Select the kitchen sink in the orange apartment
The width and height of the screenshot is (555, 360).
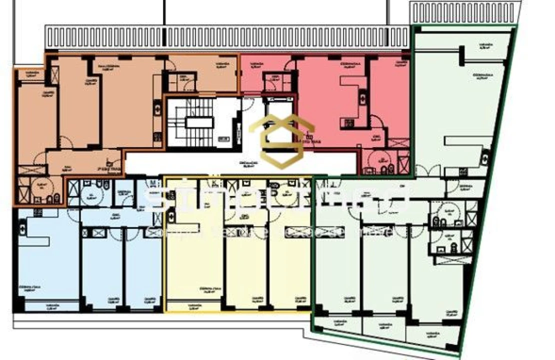(157, 108)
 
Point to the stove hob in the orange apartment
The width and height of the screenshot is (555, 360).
(157, 136)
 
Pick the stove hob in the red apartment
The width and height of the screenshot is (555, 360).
(347, 122)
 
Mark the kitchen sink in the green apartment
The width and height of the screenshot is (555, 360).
(483, 157)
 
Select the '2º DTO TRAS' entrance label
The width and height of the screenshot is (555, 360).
(308, 141)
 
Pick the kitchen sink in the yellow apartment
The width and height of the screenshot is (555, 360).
(171, 216)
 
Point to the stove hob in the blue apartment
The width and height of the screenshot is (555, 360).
(37, 212)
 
